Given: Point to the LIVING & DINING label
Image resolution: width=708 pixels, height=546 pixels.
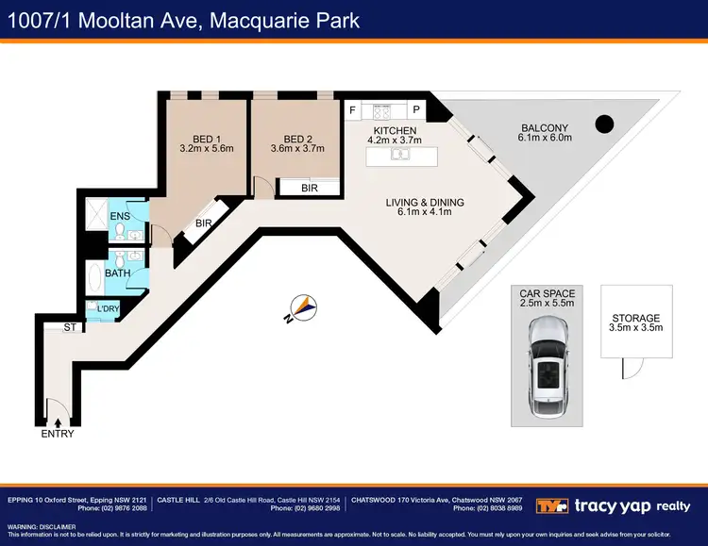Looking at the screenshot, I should pos(425,202).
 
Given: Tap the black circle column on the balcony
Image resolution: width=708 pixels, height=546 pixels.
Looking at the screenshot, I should pos(604,123).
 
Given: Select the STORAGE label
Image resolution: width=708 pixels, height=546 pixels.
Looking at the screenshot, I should pos(635,318).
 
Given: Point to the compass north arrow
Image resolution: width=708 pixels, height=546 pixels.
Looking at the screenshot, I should pos(301,308).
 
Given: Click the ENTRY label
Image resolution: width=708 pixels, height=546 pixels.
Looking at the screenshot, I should pos(58,434).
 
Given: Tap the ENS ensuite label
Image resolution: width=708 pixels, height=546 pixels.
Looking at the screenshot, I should pos(119,217).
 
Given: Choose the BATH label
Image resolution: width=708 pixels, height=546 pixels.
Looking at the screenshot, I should pos(118,273).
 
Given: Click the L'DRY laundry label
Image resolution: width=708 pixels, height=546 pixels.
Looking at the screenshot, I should pos(109,308).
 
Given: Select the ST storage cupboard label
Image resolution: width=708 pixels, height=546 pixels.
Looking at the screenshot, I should pos(69,327).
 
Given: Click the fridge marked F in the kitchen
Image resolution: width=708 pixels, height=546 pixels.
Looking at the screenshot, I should pos(353,110).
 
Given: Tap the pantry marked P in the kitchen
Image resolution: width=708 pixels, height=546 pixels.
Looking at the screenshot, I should pos(415,110).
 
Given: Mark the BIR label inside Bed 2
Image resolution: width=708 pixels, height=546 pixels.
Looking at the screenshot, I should pos(309,189).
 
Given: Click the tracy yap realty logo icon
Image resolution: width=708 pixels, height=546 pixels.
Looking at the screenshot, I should pos(552,505).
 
